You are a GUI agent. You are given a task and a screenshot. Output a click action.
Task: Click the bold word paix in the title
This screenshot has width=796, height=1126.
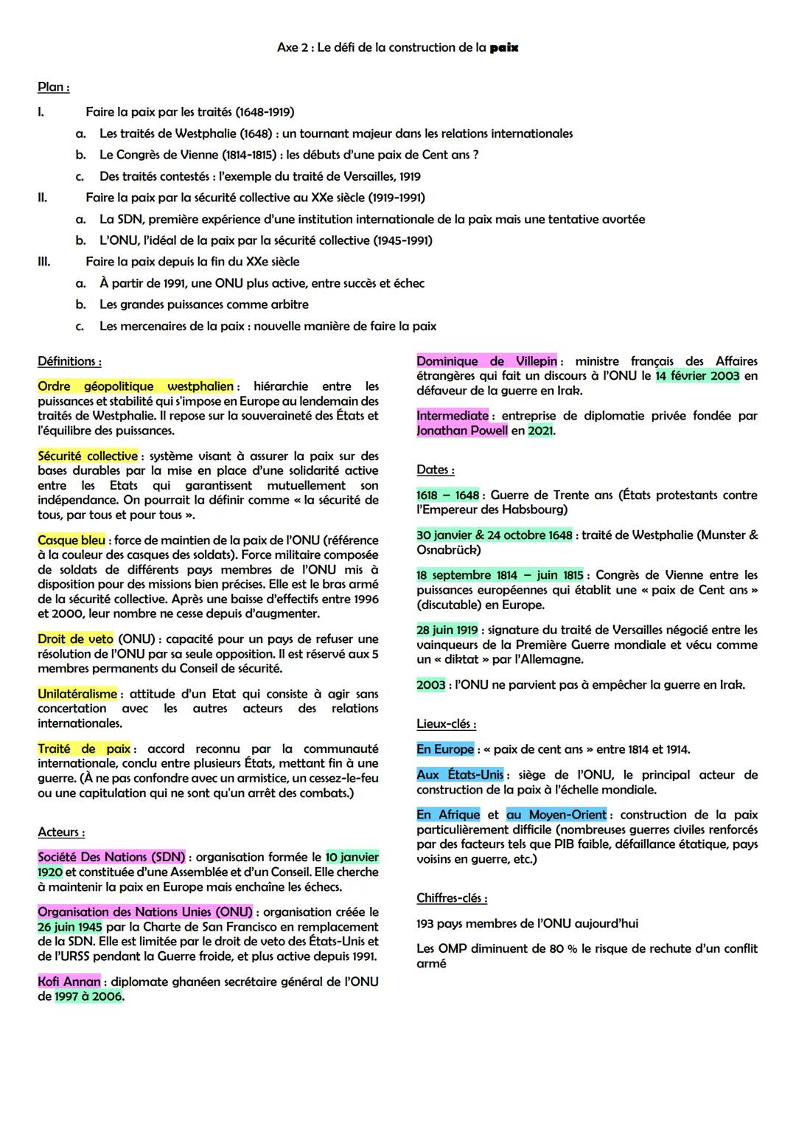pos(503,48)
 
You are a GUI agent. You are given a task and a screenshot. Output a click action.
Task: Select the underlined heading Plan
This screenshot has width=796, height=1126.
pos(53,87)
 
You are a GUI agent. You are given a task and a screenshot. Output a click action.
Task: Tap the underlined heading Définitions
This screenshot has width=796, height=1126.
pos(69,361)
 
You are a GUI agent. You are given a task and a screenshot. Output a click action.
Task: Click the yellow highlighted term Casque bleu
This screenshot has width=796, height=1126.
pos(71,541)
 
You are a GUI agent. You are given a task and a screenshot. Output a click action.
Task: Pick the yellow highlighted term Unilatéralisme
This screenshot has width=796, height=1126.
pos(77,694)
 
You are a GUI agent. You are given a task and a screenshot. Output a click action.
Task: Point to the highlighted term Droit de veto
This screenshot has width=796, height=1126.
pos(76,639)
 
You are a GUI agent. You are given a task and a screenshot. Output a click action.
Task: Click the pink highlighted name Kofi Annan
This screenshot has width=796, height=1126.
pos(69,981)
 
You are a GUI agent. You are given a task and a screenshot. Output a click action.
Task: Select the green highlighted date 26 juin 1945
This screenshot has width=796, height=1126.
pos(70,927)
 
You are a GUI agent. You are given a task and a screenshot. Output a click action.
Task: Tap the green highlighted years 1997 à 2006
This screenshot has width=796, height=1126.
pos(88,996)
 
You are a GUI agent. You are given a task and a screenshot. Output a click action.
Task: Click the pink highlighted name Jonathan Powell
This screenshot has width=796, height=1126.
pos(462,431)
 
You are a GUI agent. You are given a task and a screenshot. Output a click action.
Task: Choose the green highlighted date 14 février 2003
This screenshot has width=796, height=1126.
pos(697,376)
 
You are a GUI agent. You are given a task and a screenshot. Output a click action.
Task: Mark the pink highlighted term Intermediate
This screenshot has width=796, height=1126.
pos(452,416)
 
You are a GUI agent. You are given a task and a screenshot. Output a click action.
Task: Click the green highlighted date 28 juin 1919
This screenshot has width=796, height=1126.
pos(447,630)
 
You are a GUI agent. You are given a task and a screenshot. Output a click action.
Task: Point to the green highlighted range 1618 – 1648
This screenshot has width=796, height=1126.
pos(447,496)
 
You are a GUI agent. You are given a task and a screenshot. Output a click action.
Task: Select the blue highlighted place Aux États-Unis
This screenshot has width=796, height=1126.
pos(460,775)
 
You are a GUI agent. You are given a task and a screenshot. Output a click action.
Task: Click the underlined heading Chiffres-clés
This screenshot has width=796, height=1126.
pos(451,898)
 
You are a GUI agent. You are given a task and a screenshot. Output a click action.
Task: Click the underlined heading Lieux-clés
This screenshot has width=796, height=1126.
pos(446,724)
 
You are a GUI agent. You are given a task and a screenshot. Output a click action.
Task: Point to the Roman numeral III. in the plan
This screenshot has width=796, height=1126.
pos(44,262)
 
